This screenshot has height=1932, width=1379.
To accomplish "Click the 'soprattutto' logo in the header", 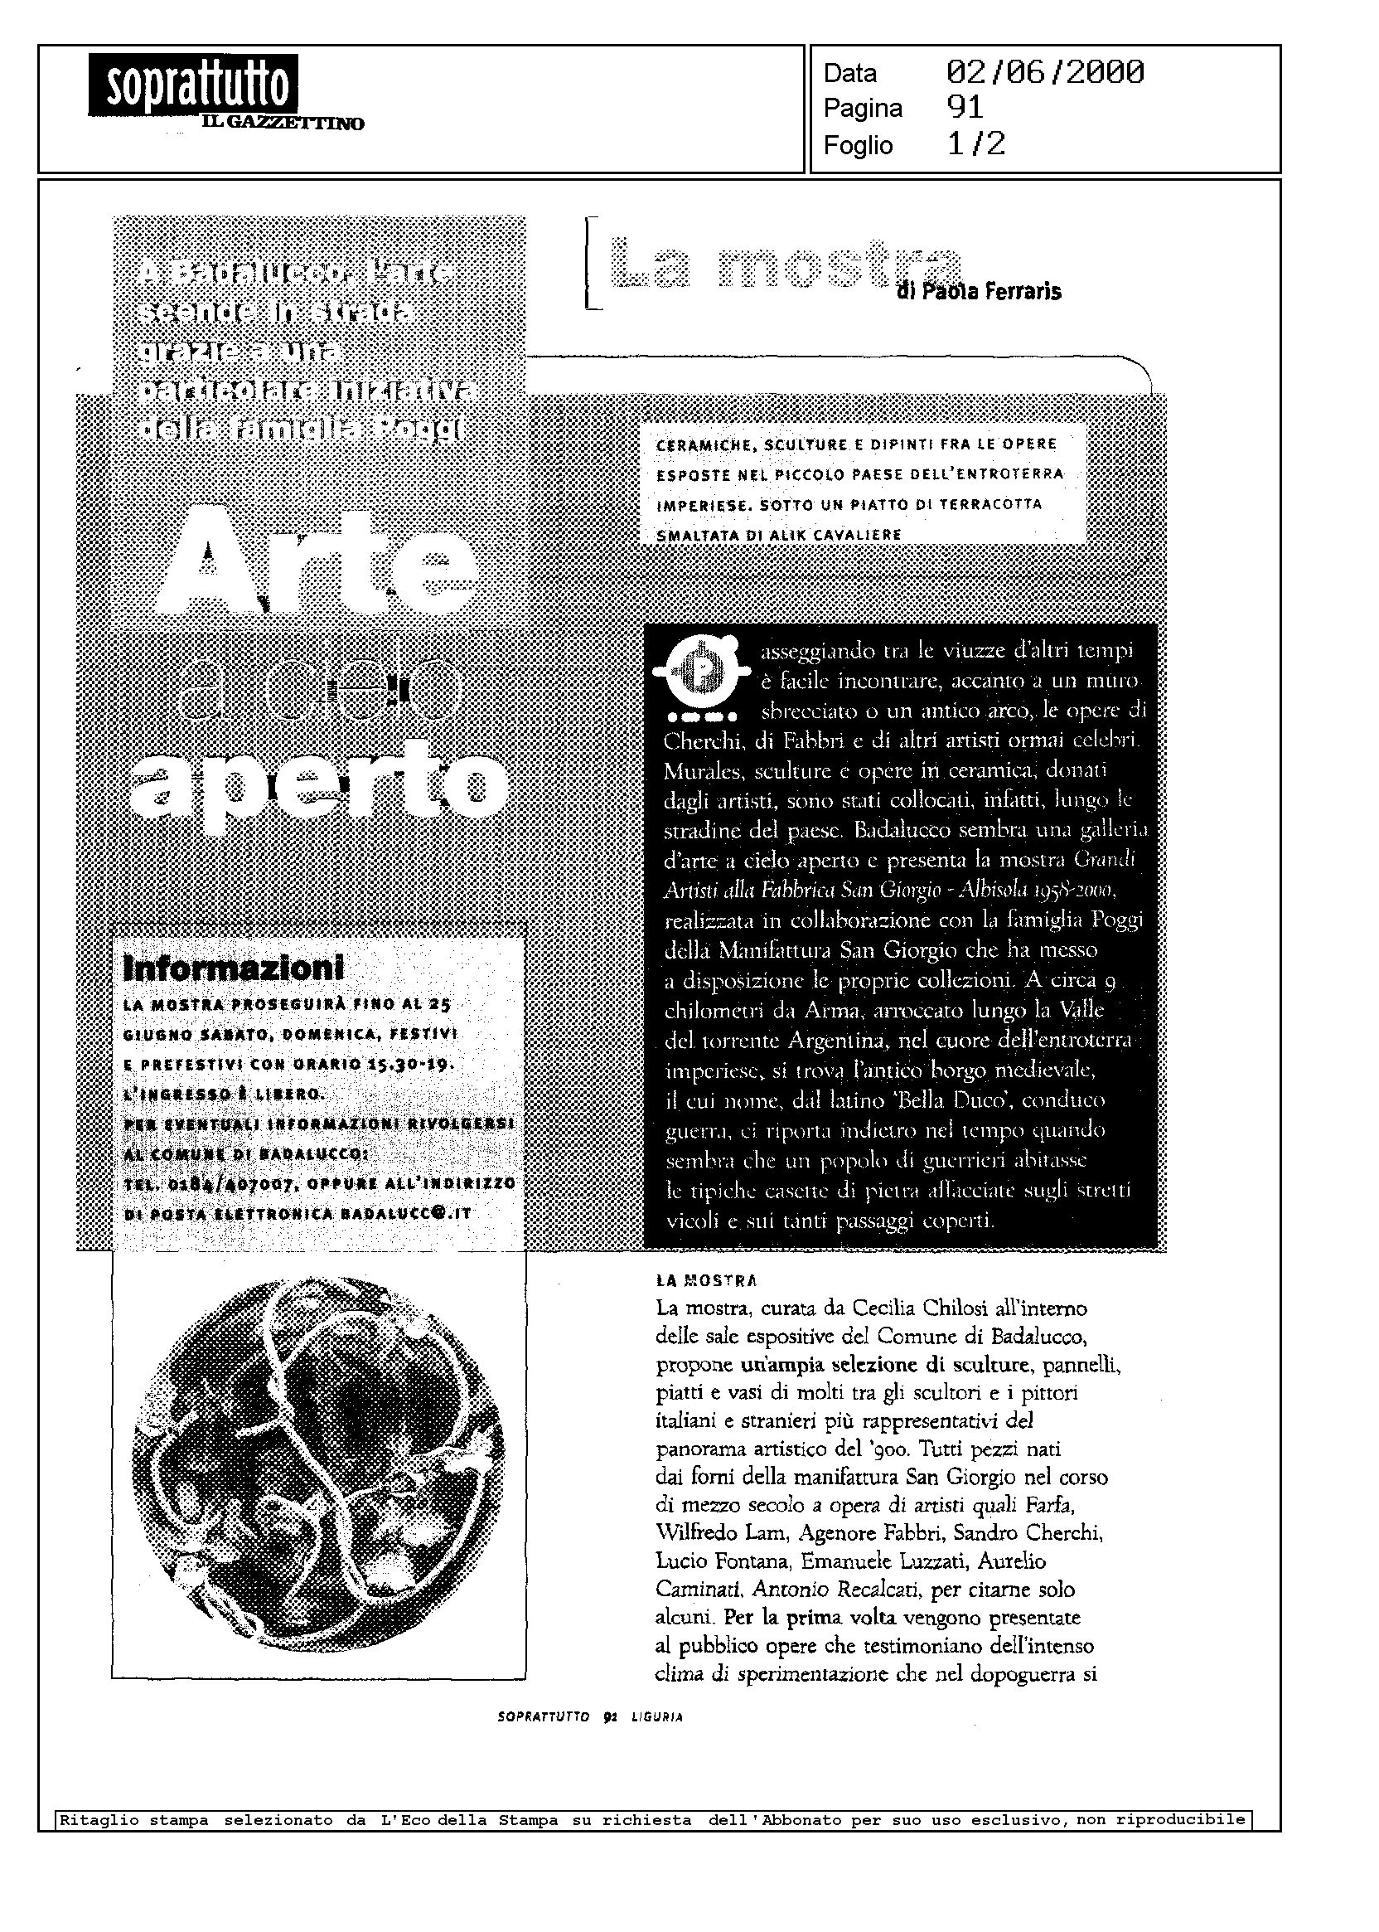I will [193, 85].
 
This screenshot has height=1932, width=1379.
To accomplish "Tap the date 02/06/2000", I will [1044, 73].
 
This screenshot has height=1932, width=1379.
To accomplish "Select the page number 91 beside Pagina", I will [965, 108].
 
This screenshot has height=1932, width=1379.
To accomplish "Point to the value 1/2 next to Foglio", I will [975, 144].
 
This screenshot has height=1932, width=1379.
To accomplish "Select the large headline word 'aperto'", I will [320, 779].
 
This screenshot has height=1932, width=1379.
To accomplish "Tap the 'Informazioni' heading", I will [235, 967].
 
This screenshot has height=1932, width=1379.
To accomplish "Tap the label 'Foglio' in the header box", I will [858, 145].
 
